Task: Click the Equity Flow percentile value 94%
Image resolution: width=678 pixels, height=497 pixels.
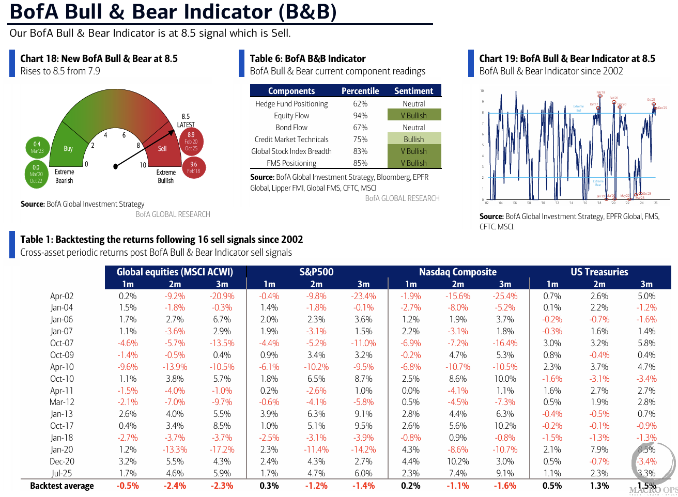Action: coord(360,116)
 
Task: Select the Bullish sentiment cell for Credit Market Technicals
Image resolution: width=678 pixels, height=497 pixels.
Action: coord(414,139)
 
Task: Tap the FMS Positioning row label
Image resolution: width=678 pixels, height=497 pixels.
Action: coord(291,163)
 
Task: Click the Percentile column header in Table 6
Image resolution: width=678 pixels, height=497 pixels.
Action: coord(360,91)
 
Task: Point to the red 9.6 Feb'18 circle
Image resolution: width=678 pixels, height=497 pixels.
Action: coord(194,167)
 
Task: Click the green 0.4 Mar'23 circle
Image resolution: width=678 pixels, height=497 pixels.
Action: coord(37,147)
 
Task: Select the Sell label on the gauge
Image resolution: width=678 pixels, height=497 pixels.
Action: coord(162,148)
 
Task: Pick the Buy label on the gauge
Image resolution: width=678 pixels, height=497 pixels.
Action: coord(68,148)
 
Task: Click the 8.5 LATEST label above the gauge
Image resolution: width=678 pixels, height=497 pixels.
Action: coord(186,120)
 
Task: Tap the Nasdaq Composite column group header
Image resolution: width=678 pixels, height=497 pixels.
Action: coord(458,272)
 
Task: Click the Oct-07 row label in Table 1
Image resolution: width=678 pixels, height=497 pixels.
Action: coord(62,343)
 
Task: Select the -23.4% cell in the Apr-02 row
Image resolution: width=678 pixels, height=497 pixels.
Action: coord(363,296)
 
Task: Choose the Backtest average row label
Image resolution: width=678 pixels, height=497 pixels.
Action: coord(62,486)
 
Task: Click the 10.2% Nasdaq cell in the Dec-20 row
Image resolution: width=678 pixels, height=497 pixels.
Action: coord(458,461)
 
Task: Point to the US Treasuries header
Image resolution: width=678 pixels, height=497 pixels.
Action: coord(599,272)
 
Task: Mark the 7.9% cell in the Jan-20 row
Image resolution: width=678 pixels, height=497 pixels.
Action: coord(599,449)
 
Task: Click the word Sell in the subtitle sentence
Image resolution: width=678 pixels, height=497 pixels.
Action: coord(281,33)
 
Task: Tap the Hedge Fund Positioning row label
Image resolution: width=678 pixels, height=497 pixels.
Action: coord(291,104)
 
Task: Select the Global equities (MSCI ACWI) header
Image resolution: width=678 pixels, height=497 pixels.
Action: coord(175,272)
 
